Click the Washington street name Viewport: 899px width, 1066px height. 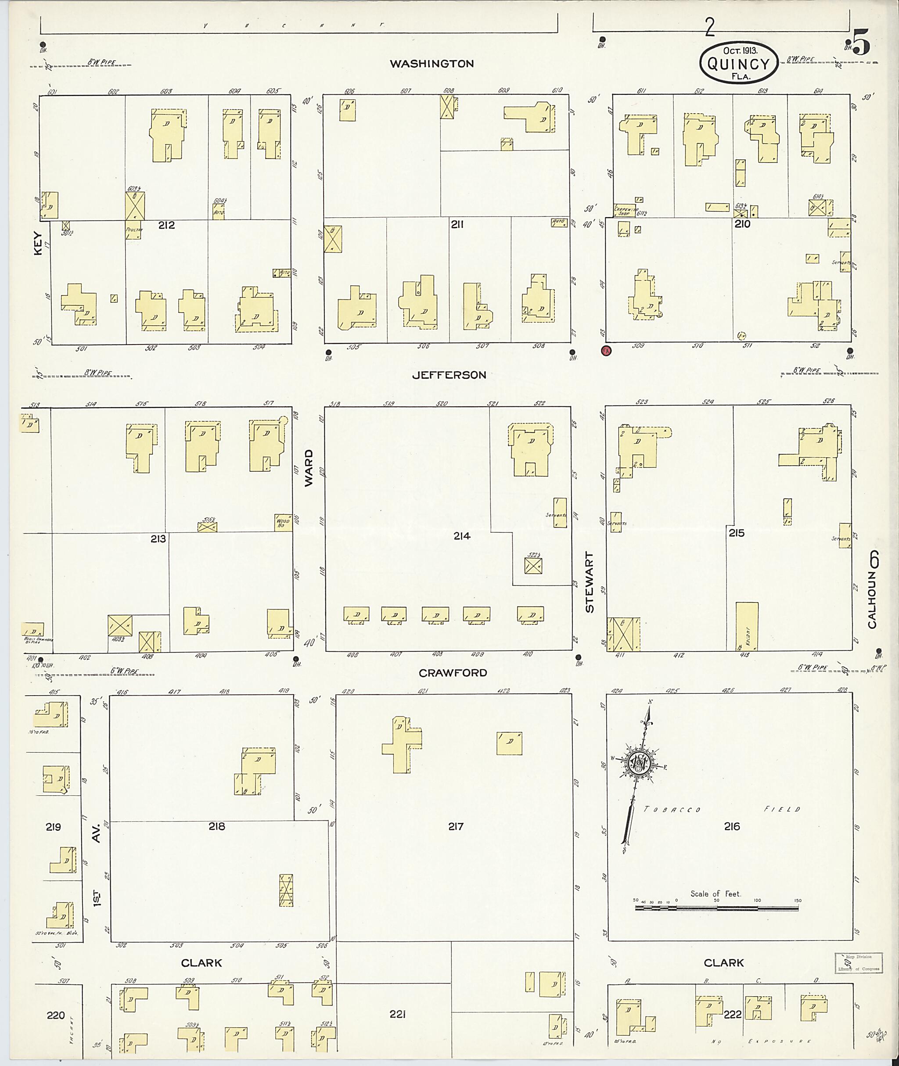432,64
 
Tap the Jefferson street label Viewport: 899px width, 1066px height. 449,375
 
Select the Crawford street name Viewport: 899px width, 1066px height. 453,673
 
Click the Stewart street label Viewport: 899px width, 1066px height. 590,582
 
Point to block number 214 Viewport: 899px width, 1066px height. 462,535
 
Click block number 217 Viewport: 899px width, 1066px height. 456,826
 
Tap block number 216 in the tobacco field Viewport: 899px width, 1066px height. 732,826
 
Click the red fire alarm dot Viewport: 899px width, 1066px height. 606,351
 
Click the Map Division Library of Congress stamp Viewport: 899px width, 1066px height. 859,962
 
